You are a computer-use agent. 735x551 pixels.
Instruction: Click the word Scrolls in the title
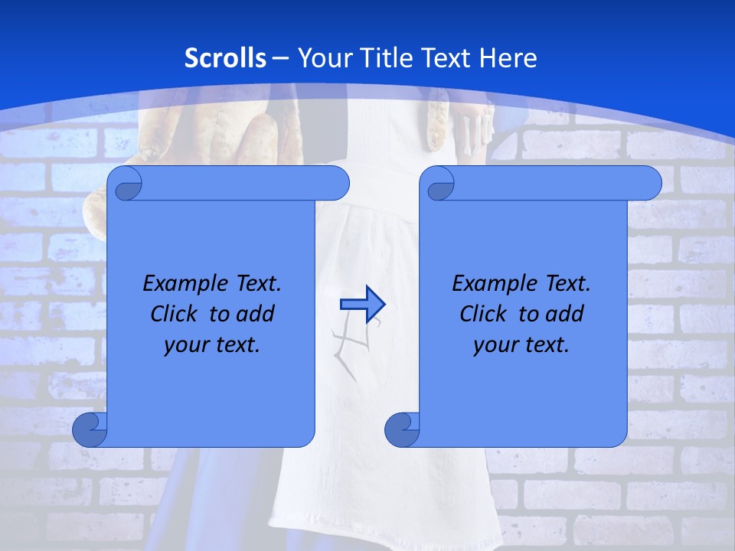click(226, 58)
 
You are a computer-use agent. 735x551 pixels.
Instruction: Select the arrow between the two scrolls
click(362, 305)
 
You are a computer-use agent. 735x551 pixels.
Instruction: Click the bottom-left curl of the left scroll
click(90, 429)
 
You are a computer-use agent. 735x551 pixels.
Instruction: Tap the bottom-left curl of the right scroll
click(402, 429)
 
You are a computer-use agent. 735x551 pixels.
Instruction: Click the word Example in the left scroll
click(181, 284)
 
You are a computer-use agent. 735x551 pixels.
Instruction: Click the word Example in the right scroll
click(490, 284)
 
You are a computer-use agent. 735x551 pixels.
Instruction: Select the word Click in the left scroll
click(175, 314)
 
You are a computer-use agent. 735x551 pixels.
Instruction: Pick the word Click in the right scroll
click(484, 314)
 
